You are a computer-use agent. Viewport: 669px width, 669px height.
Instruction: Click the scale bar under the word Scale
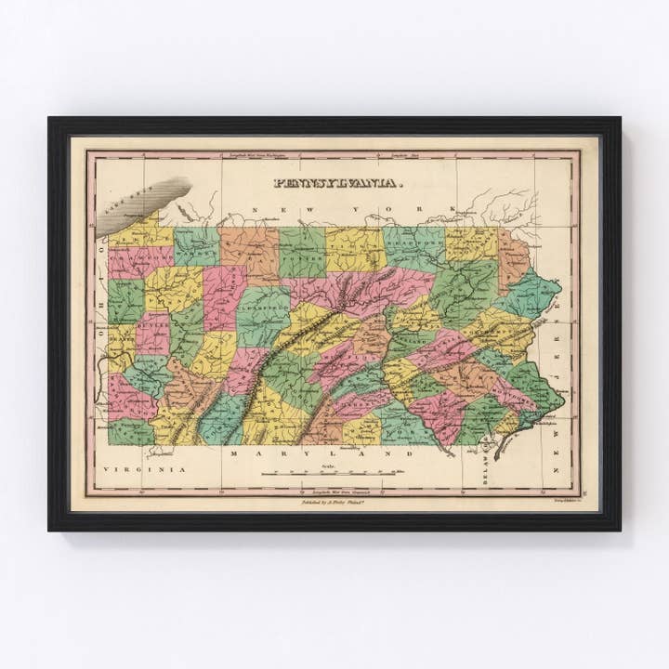tap(330, 474)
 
